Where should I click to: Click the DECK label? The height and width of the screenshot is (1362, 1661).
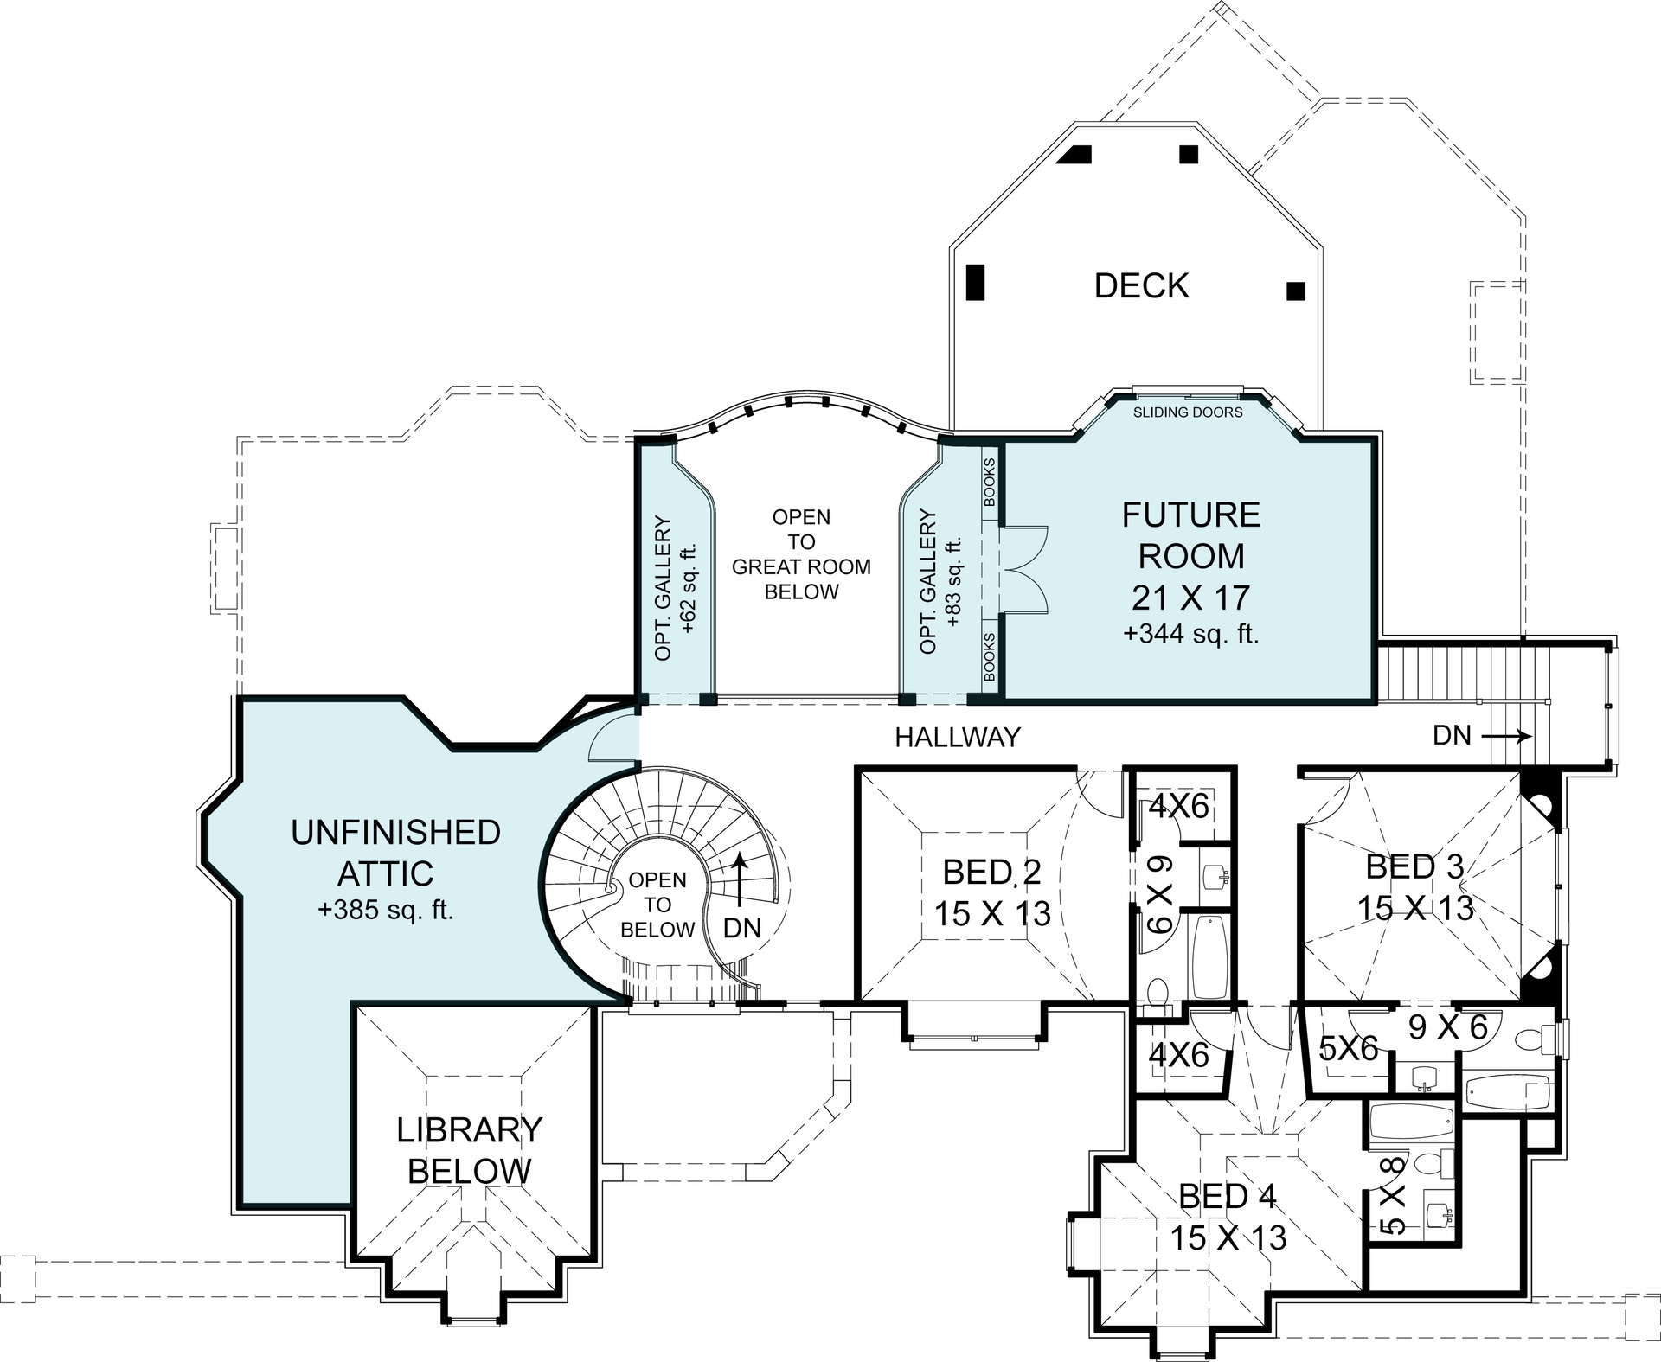click(1141, 285)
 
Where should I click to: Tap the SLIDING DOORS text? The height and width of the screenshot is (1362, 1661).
click(1188, 412)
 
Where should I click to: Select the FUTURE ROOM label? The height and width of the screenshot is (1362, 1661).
click(1190, 535)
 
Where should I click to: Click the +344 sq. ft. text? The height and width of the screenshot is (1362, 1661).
click(1190, 634)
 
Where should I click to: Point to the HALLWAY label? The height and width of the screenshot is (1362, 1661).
click(958, 737)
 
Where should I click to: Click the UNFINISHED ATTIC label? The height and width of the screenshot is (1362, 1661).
click(395, 853)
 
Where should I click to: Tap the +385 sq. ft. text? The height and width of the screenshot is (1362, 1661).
click(385, 910)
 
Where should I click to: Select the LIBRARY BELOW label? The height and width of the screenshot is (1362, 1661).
click(469, 1150)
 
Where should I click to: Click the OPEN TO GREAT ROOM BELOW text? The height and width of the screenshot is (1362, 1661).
click(801, 554)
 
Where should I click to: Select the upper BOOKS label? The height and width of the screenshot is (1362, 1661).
click(990, 482)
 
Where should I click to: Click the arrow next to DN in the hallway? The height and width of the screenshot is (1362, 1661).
click(1506, 737)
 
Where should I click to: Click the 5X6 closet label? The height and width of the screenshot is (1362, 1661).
click(1348, 1049)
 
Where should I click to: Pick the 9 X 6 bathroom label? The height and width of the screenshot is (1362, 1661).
click(1447, 1027)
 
